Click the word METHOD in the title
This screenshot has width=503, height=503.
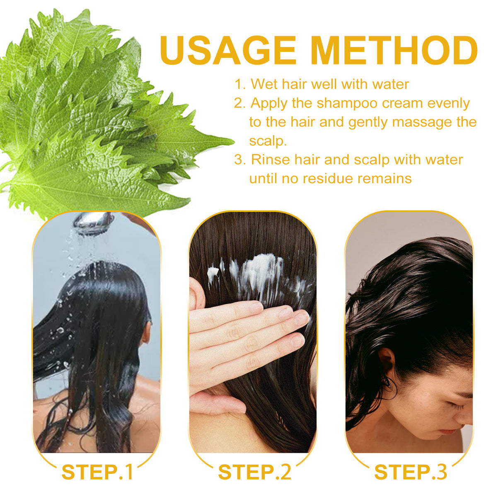click(x=394, y=50)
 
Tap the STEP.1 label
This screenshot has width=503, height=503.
click(x=97, y=472)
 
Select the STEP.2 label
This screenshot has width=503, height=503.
click(x=254, y=472)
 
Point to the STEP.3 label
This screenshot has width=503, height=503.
click(x=411, y=472)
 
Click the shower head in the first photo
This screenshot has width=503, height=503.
click(x=93, y=222)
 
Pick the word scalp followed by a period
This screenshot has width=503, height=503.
click(x=268, y=141)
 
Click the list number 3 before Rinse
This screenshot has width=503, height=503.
click(x=239, y=160)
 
